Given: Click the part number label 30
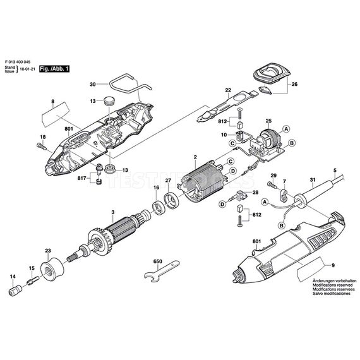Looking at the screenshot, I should [92, 84].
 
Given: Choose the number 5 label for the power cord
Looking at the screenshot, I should [335, 170].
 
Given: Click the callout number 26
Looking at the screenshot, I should [294, 83].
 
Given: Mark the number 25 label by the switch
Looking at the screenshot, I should [268, 120].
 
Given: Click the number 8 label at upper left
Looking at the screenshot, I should [53, 102].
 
